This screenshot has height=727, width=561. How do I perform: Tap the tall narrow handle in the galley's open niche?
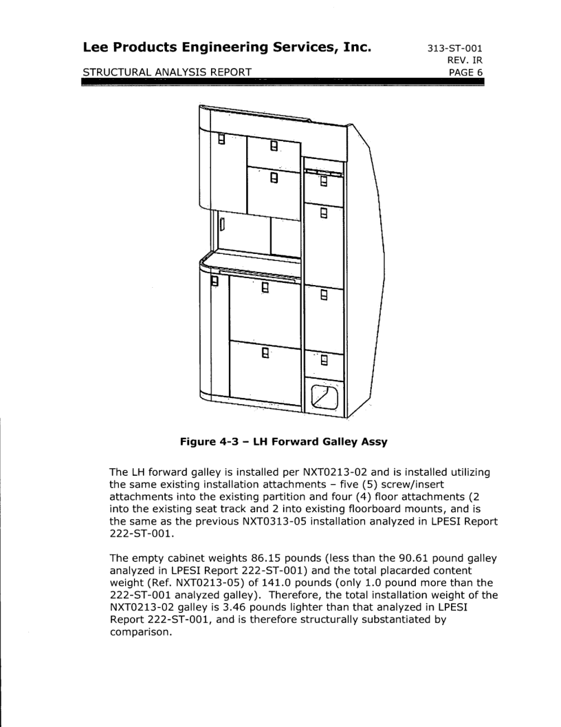222,224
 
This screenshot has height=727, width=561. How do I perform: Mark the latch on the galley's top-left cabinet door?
221,140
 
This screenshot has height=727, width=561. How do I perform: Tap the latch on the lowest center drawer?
265,355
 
